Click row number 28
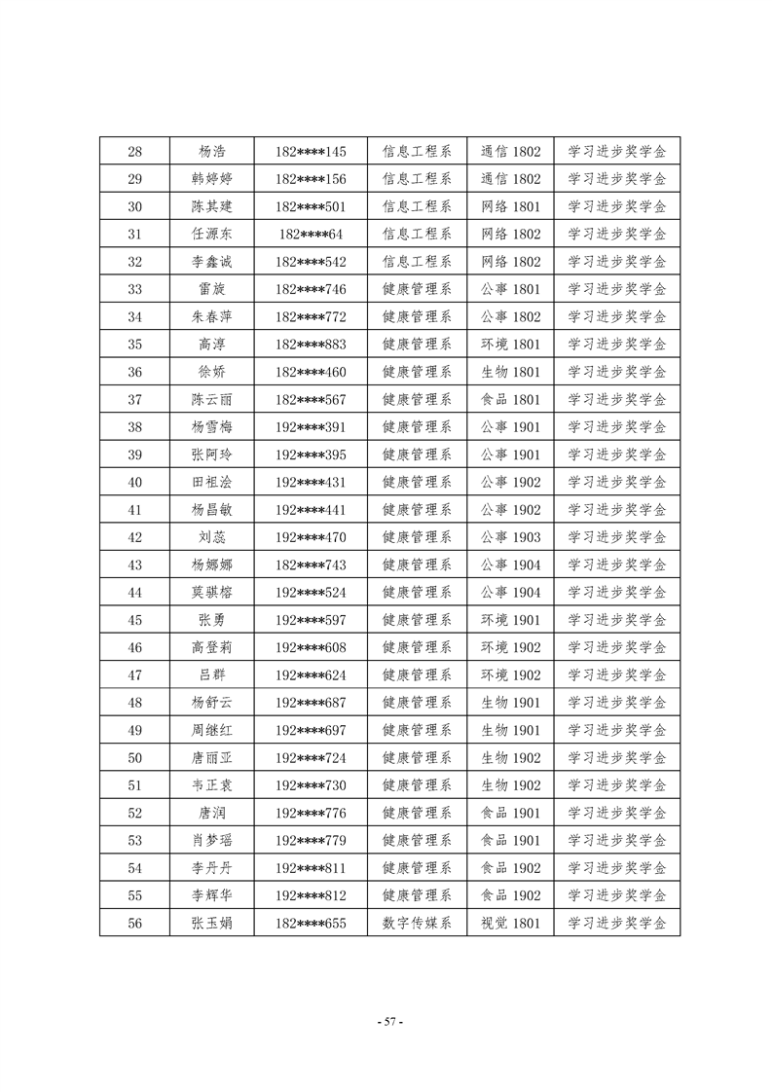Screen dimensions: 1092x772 [x=135, y=152]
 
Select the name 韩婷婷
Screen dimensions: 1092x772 [x=212, y=179]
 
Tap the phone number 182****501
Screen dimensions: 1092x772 [x=311, y=206]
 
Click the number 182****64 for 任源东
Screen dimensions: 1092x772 [x=311, y=235]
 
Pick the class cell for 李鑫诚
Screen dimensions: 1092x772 [x=510, y=262]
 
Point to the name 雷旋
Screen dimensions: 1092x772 [x=212, y=289]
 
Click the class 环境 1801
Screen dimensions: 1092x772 [x=510, y=345]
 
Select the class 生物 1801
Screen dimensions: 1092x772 [x=510, y=372]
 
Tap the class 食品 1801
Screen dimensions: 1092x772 [x=510, y=399]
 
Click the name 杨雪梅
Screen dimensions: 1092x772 [x=212, y=427]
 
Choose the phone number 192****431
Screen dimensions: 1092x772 [x=311, y=482]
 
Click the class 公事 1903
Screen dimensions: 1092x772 [x=510, y=537]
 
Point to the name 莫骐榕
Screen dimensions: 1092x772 [x=212, y=593]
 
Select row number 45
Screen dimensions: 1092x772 [x=135, y=620]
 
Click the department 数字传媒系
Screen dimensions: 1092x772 [x=417, y=924]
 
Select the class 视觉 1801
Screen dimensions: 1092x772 [x=510, y=924]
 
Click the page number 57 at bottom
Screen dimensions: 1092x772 [x=388, y=1022]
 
